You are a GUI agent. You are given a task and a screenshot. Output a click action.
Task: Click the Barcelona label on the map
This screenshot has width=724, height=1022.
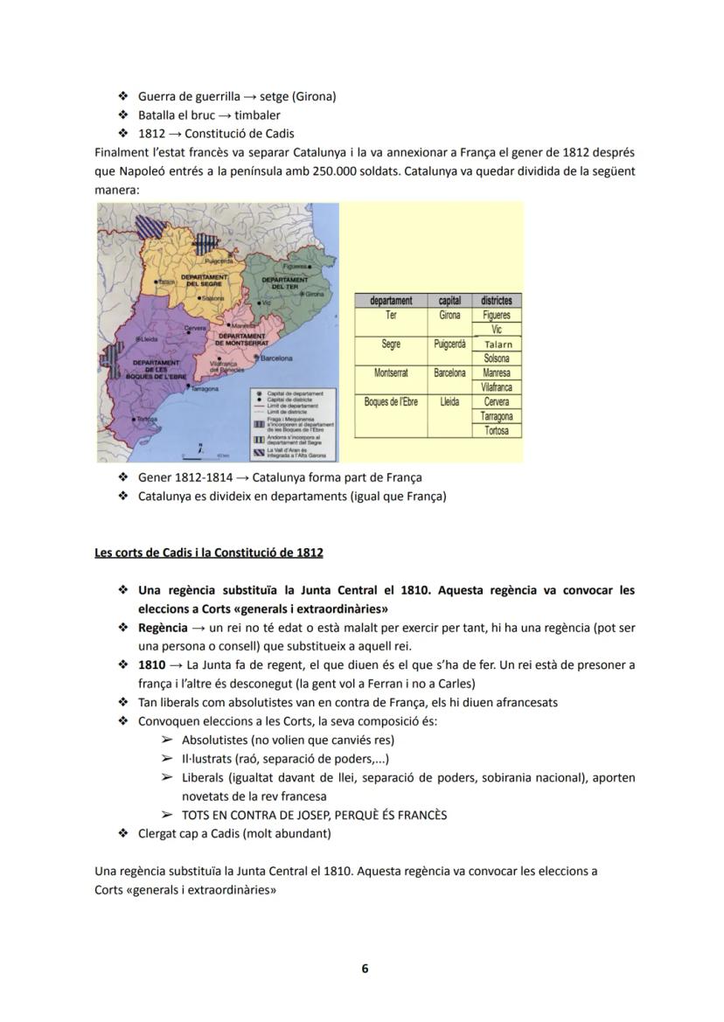[275, 358]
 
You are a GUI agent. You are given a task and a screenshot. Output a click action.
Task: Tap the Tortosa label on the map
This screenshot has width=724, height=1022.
[147, 420]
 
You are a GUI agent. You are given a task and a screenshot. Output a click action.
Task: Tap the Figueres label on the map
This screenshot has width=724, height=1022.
[298, 265]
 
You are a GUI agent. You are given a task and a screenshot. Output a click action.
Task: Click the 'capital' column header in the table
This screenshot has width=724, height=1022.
[449, 300]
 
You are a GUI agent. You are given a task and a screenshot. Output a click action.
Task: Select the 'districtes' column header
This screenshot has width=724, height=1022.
[497, 300]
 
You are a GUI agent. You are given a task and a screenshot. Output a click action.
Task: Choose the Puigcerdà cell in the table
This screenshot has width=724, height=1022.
[449, 344]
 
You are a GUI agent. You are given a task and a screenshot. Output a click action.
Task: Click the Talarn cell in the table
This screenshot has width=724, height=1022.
[498, 344]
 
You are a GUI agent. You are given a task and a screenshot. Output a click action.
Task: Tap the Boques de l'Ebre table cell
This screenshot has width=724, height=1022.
[391, 402]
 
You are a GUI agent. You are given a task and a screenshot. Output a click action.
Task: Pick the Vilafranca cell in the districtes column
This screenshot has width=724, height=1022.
[497, 387]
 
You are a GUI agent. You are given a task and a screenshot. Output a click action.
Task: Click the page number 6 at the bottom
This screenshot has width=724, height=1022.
[365, 969]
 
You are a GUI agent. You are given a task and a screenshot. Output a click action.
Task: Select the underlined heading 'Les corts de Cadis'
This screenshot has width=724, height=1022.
[208, 553]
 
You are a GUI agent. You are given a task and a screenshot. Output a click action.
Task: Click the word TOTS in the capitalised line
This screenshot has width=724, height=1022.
[198, 815]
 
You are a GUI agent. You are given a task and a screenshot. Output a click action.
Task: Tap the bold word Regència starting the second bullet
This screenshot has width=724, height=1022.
[163, 628]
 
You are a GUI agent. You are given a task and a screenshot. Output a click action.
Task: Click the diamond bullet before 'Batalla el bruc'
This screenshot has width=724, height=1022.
[122, 115]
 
